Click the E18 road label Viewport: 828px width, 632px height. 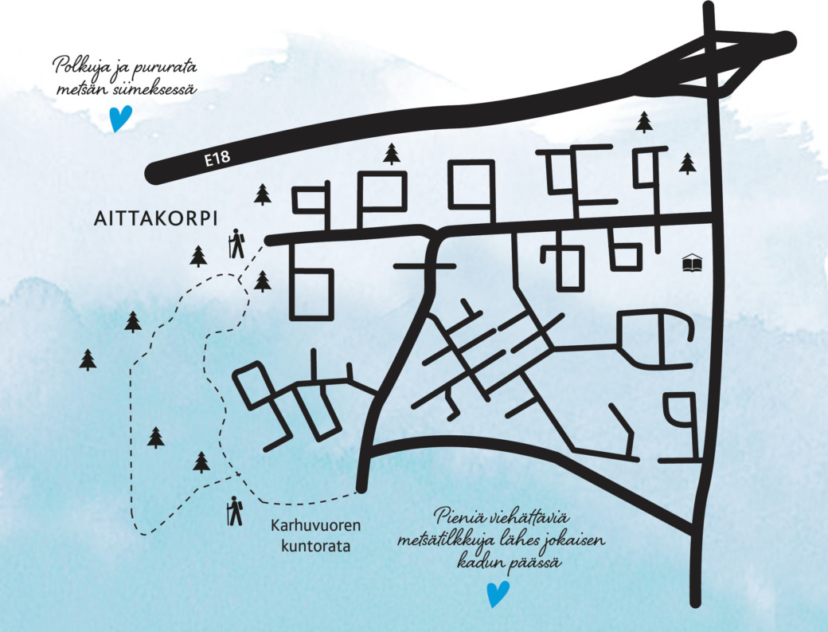[217, 159]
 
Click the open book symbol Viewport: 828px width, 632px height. [693, 262]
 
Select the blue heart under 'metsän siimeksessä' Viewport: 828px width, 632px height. [120, 120]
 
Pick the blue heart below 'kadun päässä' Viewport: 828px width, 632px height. [498, 594]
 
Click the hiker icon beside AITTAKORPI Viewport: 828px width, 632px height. [236, 244]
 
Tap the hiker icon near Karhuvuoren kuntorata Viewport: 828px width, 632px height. [234, 511]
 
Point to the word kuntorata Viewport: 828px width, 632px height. [315, 547]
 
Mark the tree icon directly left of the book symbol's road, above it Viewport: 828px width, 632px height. [687, 163]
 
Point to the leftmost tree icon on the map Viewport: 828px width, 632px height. [88, 359]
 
